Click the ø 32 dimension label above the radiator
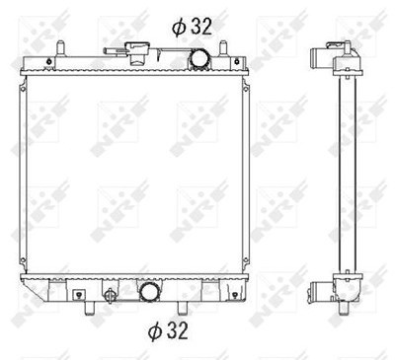tap(192, 27)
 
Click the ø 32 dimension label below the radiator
tap(168, 330)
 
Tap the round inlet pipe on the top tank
tap(199, 58)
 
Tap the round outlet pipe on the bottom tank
tap(149, 292)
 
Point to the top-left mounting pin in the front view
tap(60, 48)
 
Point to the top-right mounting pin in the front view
tap(223, 48)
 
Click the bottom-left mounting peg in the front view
tap(89, 308)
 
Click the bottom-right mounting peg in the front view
tap(182, 308)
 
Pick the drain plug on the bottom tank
tap(110, 294)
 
